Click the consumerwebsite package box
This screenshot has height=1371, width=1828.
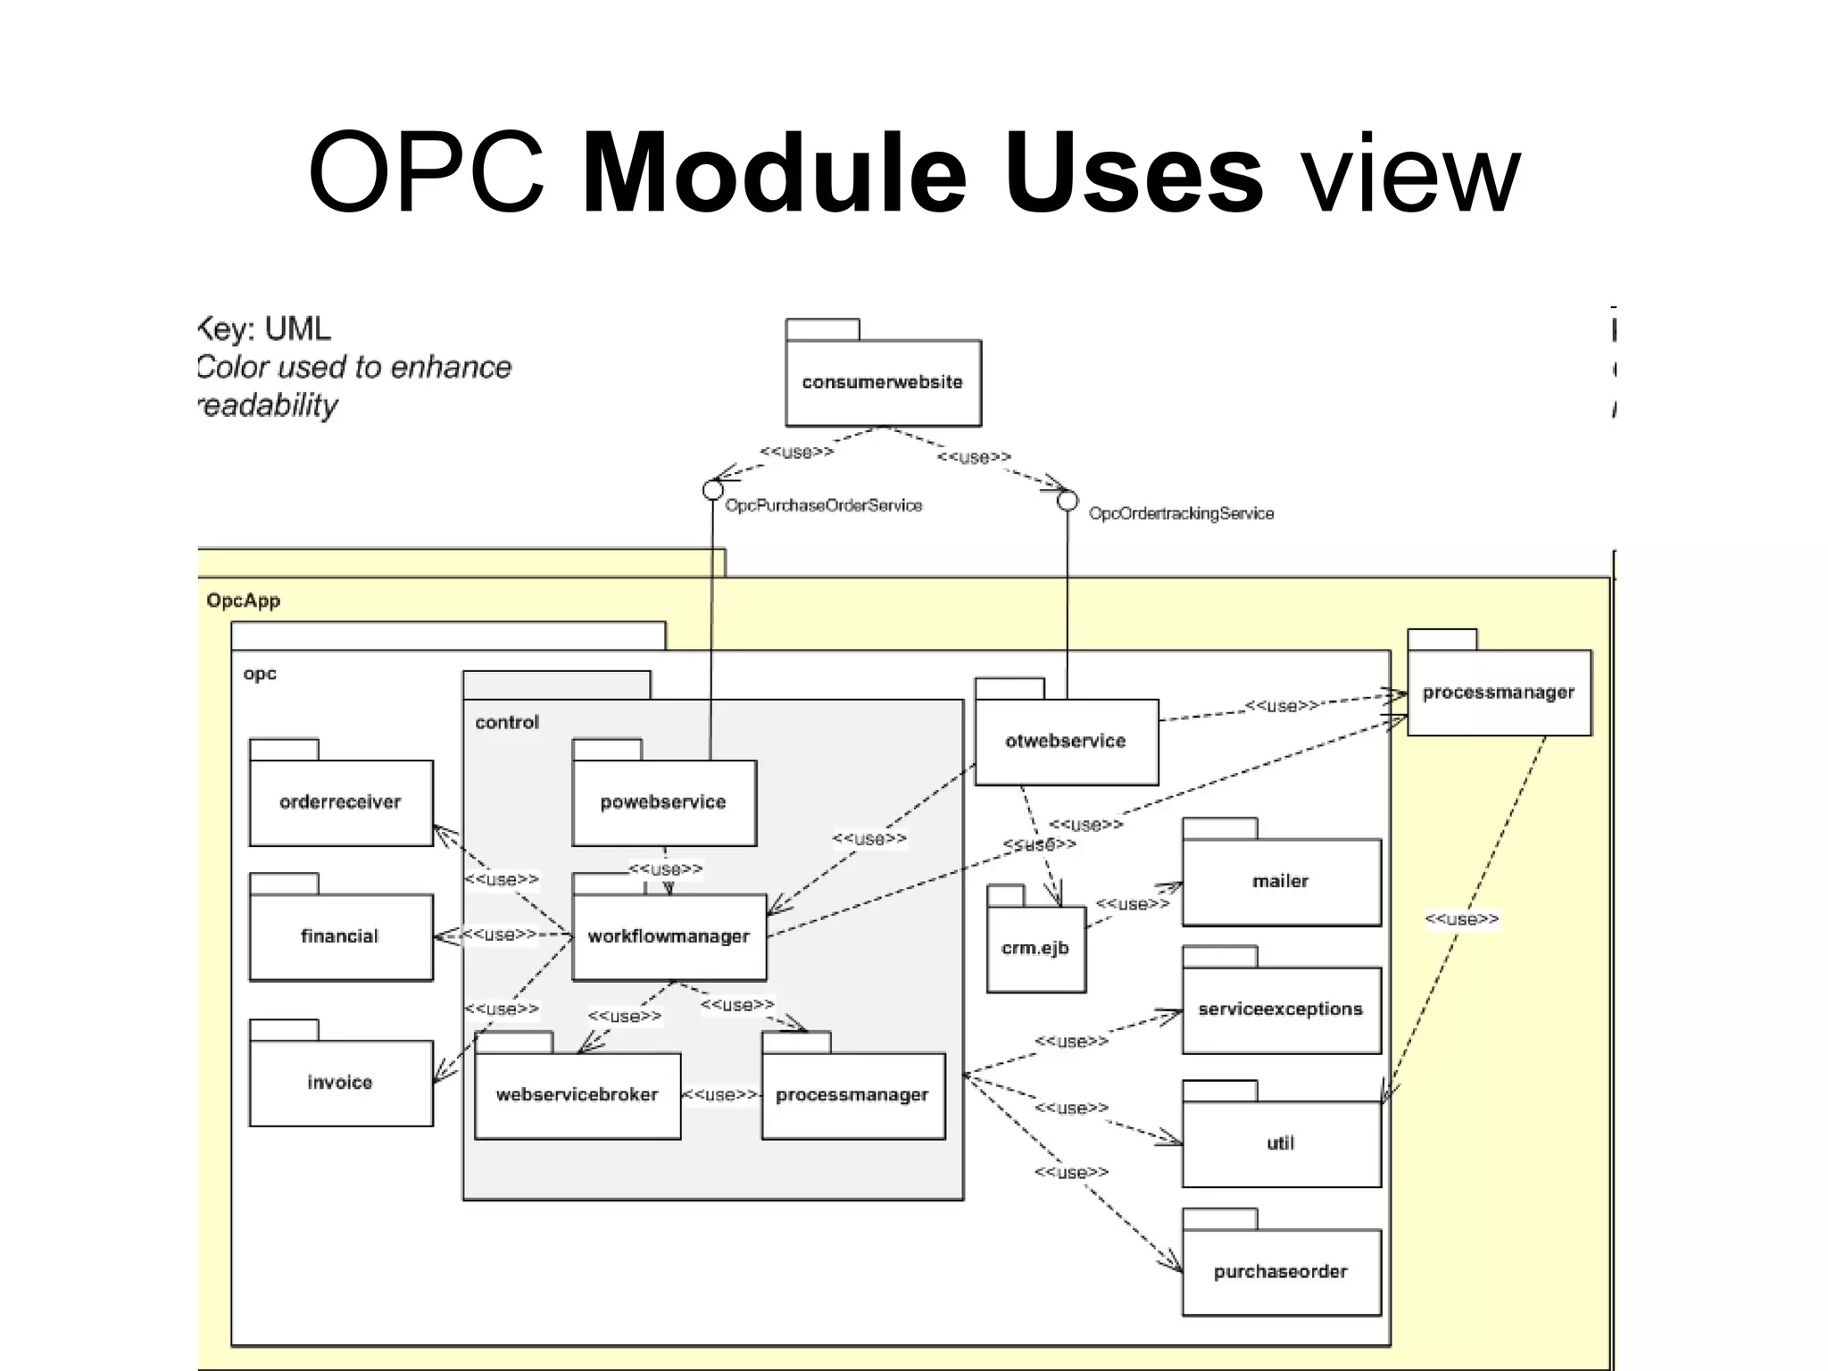pyautogui.click(x=883, y=382)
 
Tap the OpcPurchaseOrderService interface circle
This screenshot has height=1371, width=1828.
pyautogui.click(x=712, y=490)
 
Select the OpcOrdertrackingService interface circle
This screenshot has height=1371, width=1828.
pyautogui.click(x=1068, y=501)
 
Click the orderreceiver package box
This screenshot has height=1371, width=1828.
pyautogui.click(x=341, y=802)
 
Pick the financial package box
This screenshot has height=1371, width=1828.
pyautogui.click(x=341, y=936)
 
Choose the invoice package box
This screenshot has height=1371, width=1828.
pyautogui.click(x=341, y=1083)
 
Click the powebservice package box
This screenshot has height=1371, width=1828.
pyautogui.click(x=664, y=802)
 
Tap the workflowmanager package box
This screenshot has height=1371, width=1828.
pyautogui.click(x=669, y=936)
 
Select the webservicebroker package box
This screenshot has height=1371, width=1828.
pyautogui.click(x=577, y=1094)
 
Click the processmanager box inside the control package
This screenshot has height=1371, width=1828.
pyautogui.click(x=852, y=1094)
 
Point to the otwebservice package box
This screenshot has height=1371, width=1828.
pyautogui.click(x=1066, y=741)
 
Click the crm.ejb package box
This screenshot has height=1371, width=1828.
pyautogui.click(x=1035, y=948)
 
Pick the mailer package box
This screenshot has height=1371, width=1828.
pyautogui.click(x=1281, y=882)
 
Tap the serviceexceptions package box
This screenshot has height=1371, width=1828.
pyautogui.click(x=1281, y=1010)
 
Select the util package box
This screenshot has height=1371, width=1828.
pyautogui.click(x=1281, y=1143)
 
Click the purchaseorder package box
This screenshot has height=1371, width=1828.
pyautogui.click(x=1281, y=1272)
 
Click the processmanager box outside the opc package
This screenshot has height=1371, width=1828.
pyautogui.click(x=1499, y=693)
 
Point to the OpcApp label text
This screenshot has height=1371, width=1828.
pyautogui.click(x=244, y=601)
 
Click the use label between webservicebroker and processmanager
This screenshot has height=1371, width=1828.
pyautogui.click(x=720, y=1095)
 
